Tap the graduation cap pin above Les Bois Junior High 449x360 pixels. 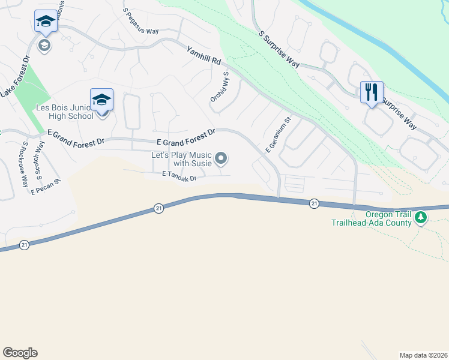pos(101,99)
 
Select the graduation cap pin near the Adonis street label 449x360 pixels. pos(46,22)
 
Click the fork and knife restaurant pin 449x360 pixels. pos(372,92)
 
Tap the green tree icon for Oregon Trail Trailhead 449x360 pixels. pos(421,218)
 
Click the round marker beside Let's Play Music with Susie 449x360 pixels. pos(221,158)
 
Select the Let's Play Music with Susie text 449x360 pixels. pos(182,159)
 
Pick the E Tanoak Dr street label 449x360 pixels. pos(179,174)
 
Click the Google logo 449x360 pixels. pos(20,353)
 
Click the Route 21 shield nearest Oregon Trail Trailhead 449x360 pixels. pos(314,205)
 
